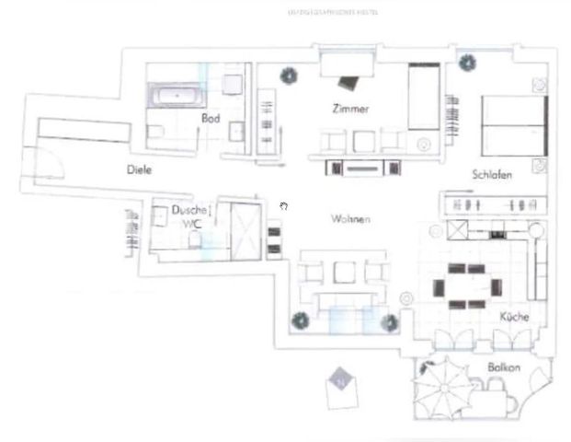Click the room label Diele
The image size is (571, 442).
140,170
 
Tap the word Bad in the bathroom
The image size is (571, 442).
211,119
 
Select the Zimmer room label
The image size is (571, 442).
350,109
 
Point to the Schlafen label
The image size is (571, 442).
492,174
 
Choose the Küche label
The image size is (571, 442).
513,317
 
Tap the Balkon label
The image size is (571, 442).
504,368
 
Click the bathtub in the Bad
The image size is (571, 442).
177,95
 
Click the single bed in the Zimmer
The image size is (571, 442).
424,97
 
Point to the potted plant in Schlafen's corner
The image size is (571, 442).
469,63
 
